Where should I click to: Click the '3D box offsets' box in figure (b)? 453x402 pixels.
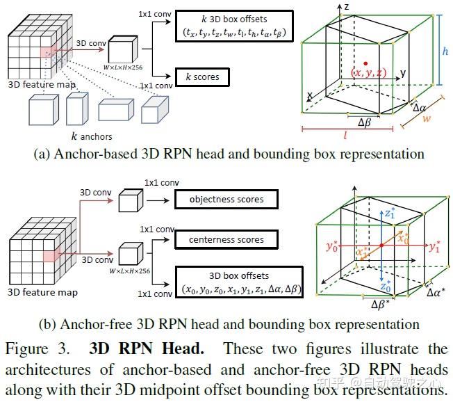pos(240,282)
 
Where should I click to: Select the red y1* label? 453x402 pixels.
pos(436,246)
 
